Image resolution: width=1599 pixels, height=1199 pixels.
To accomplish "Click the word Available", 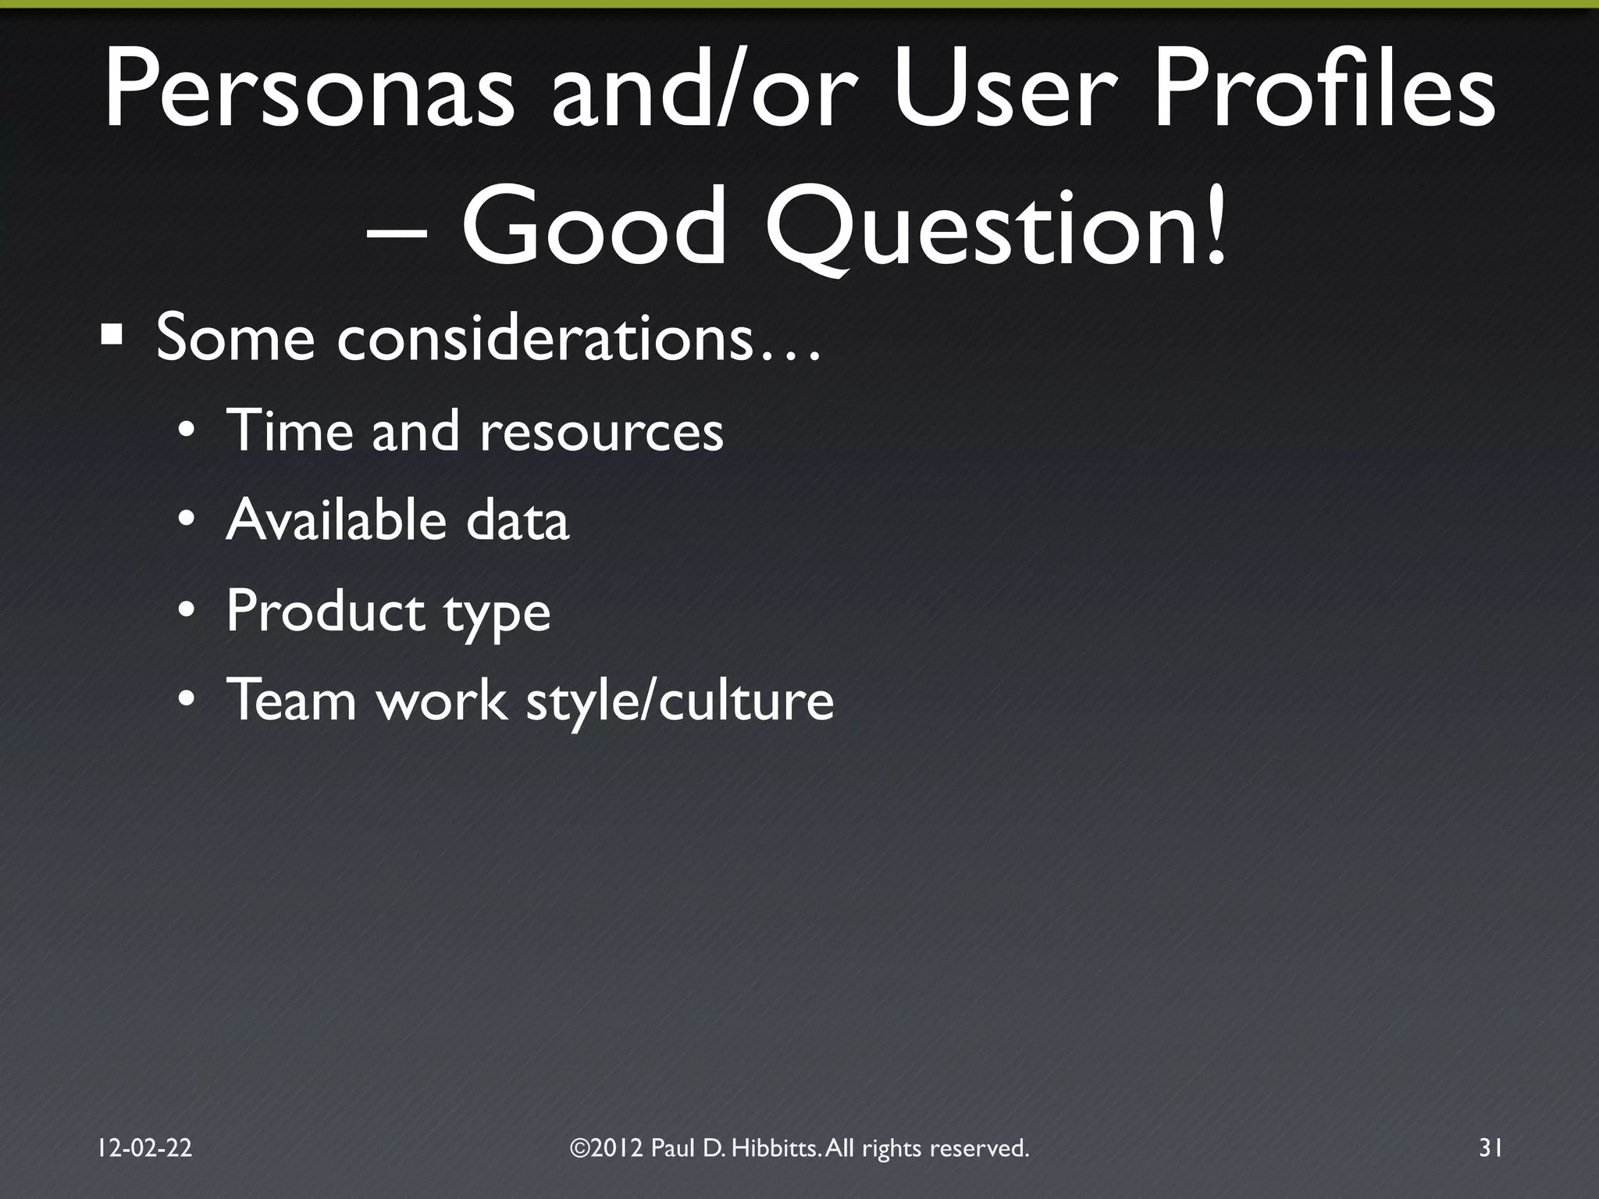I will [336, 519].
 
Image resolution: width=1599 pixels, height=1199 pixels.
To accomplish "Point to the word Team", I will [291, 699].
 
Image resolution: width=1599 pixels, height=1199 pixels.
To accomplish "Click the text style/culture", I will [680, 701].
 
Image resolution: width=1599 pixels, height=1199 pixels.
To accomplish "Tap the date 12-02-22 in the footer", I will [144, 1147].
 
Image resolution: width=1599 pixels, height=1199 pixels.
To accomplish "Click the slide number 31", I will [1490, 1147].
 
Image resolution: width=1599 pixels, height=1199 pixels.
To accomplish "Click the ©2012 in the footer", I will [606, 1147].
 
